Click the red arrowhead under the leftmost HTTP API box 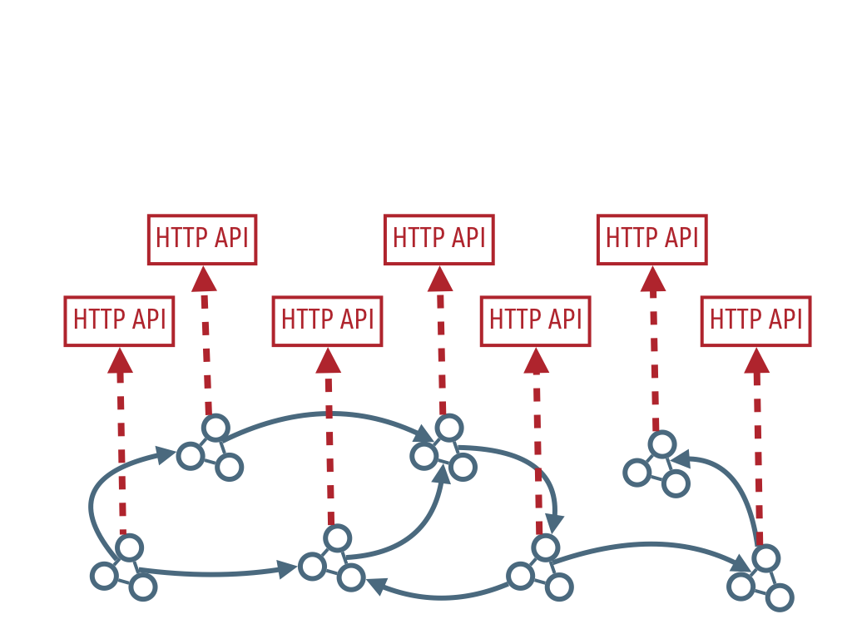(x=120, y=361)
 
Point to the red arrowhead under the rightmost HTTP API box (x=757, y=361)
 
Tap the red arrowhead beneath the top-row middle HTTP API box (x=440, y=280)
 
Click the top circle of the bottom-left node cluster (x=129, y=547)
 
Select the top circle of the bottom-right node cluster (x=766, y=558)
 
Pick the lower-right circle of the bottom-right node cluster (x=780, y=597)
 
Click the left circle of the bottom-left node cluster (x=104, y=576)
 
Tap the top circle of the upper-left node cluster (x=215, y=428)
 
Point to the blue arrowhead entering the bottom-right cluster (x=741, y=563)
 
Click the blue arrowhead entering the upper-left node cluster (x=166, y=454)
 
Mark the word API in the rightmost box (x=785, y=319)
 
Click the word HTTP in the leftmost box (x=97, y=319)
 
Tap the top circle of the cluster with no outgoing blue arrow (x=662, y=444)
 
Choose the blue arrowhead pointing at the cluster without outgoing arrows (x=681, y=459)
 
